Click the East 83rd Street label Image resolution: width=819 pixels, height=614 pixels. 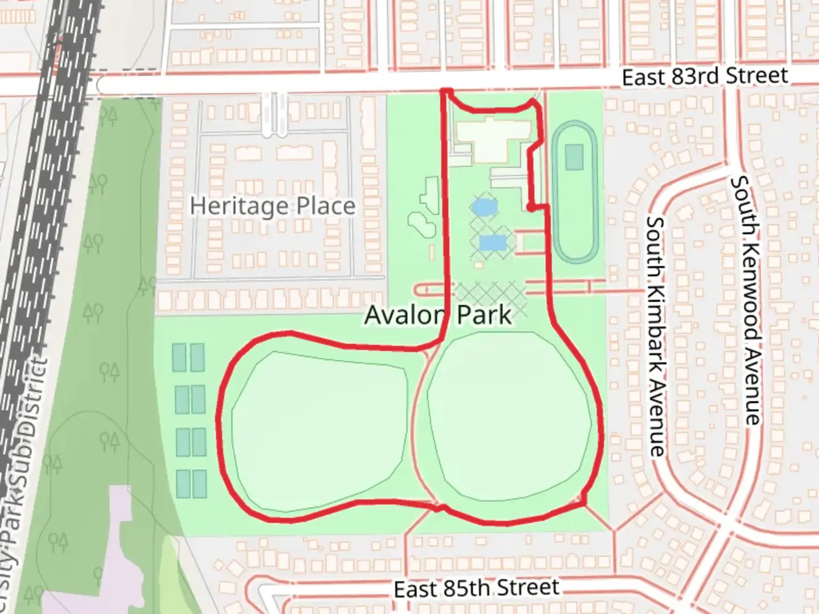pyautogui.click(x=705, y=76)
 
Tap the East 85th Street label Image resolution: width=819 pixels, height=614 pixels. pyautogui.click(x=477, y=588)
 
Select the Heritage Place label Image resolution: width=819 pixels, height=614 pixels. pyautogui.click(x=272, y=205)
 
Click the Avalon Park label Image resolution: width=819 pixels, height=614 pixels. pyautogui.click(x=438, y=314)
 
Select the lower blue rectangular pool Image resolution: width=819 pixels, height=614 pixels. pyautogui.click(x=493, y=243)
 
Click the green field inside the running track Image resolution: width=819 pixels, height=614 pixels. pyautogui.click(x=574, y=157)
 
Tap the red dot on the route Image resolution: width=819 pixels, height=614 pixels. pyautogui.click(x=530, y=208)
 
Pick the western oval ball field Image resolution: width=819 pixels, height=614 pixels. pyautogui.click(x=318, y=429)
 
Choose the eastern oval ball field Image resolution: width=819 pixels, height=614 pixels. pyautogui.click(x=509, y=418)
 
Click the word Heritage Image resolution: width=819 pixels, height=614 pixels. pyautogui.click(x=239, y=205)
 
